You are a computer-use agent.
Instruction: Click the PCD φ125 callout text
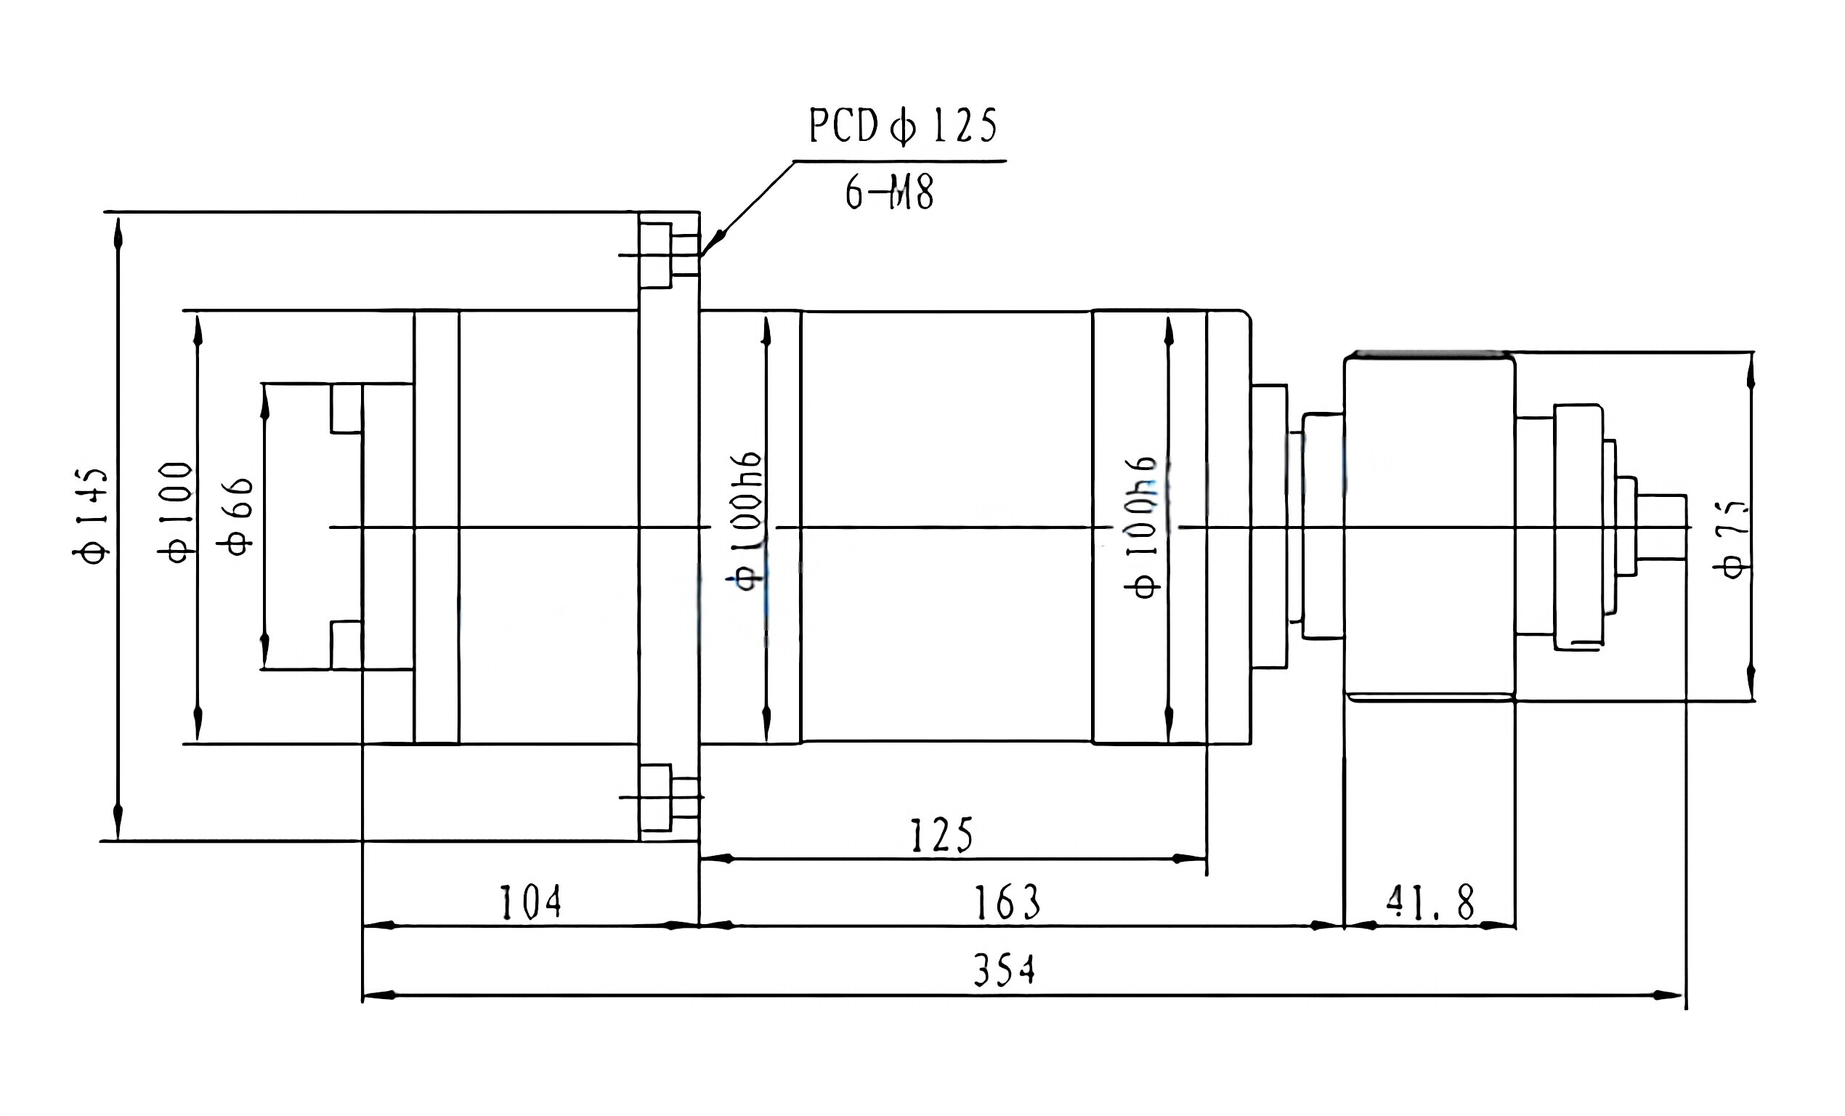902,126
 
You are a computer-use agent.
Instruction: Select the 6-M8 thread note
889,193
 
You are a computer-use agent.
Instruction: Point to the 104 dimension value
530,902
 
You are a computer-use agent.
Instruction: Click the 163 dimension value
1006,902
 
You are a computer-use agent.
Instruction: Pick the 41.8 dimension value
1430,902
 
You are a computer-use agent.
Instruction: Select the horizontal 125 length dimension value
941,836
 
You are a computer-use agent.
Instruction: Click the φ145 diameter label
92,517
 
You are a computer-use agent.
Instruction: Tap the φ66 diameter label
236,517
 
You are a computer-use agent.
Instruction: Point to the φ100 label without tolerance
177,513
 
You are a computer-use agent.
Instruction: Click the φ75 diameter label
1732,539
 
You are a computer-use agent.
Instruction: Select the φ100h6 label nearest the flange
747,521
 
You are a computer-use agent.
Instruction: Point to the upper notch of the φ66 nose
346,408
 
